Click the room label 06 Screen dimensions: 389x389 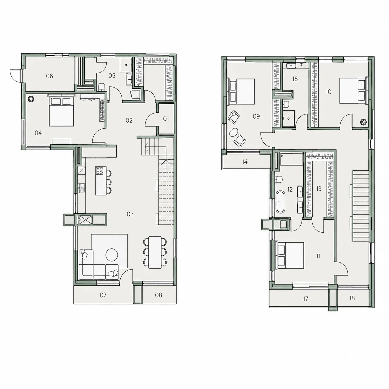[49, 76]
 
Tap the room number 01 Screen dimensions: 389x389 [166, 119]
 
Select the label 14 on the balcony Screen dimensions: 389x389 [245, 162]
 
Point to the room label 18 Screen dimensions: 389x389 [352, 298]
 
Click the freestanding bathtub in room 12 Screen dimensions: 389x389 [280, 202]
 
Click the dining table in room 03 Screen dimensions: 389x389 [155, 252]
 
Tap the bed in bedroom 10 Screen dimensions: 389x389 [353, 91]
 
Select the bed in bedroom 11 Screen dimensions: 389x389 [290, 255]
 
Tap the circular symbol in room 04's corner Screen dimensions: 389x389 [31, 99]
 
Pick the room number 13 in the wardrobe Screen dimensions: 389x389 [319, 189]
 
